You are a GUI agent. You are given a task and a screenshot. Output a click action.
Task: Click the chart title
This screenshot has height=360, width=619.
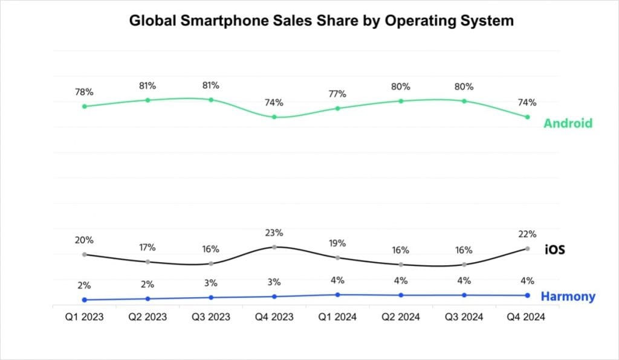[x=321, y=21]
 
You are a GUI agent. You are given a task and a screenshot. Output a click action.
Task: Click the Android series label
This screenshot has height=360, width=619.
[x=568, y=123]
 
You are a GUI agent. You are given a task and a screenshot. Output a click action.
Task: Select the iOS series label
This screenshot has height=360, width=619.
[x=554, y=249]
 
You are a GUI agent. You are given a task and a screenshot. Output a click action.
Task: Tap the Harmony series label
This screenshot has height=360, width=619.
[x=568, y=297]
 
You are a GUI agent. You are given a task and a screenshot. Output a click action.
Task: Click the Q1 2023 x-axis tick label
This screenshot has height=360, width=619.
[x=84, y=317]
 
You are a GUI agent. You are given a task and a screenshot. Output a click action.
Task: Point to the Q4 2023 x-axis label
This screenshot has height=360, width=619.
[x=274, y=317]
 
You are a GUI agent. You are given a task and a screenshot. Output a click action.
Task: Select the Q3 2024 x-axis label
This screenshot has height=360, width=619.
[x=464, y=317]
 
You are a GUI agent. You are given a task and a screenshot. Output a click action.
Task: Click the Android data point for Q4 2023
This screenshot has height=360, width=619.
[x=274, y=117]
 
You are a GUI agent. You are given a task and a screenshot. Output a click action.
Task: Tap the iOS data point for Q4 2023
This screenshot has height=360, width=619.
[x=274, y=247]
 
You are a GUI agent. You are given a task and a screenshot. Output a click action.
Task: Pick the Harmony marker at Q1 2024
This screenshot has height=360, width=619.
[x=337, y=294]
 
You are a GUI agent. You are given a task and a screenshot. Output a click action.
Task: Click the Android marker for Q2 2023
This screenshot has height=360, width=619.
[x=147, y=100]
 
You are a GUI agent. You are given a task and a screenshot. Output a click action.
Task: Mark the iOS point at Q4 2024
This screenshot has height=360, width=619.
[x=527, y=249]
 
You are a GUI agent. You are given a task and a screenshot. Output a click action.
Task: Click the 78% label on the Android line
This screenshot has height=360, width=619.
[x=84, y=92]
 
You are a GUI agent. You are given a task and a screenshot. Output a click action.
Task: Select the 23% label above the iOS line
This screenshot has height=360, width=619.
[x=274, y=233]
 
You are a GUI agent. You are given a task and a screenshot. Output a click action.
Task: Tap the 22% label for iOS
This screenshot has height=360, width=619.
[x=527, y=234]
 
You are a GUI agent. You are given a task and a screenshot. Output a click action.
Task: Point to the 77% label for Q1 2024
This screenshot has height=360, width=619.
[x=337, y=94]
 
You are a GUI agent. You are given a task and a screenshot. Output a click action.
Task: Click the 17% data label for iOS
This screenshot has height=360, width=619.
[x=147, y=247]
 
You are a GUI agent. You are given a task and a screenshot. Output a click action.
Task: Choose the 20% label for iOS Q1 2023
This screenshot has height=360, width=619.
[x=84, y=240]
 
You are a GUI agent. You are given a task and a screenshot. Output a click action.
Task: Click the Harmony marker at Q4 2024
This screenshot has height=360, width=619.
[x=527, y=295]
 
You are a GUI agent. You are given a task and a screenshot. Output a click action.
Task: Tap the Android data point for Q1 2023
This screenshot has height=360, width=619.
[x=84, y=106]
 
